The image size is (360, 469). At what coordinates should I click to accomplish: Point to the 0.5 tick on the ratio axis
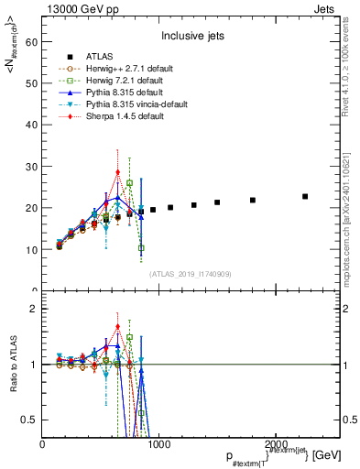29,420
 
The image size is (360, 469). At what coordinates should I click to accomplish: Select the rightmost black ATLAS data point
305,196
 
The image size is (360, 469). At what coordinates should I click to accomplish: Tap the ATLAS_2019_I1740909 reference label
191,274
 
